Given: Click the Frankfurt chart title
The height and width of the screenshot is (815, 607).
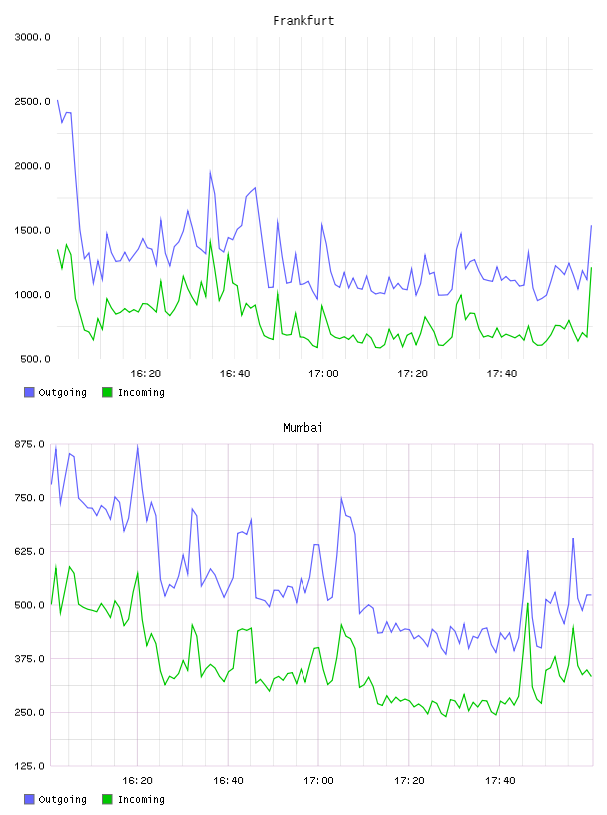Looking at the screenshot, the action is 303,20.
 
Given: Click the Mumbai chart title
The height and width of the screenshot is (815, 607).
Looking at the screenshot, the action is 303,427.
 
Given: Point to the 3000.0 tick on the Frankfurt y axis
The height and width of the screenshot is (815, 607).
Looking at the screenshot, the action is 32,37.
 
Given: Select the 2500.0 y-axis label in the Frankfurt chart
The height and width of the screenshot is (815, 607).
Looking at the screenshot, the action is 32,101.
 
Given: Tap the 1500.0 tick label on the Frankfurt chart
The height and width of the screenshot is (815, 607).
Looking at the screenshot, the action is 32,231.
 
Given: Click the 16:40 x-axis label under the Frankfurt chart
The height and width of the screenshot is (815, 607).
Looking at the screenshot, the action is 235,374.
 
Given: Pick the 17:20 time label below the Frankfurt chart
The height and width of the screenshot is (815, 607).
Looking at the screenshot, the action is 412,374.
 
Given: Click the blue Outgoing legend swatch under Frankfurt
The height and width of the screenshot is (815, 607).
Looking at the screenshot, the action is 29,392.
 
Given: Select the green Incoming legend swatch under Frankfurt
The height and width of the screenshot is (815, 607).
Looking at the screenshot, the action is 107,392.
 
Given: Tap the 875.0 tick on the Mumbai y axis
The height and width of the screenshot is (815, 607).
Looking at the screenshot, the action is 30,444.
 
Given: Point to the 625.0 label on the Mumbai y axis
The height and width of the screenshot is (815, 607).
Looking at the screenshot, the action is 30,552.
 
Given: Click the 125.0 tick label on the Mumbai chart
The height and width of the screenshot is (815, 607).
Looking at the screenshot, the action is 30,766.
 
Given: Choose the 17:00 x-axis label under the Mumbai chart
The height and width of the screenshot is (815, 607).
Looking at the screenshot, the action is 318,781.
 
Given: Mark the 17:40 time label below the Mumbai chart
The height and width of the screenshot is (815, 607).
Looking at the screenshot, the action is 500,781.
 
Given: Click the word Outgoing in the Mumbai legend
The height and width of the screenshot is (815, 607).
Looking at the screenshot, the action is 62,799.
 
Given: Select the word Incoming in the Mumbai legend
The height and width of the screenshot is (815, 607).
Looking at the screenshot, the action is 141,799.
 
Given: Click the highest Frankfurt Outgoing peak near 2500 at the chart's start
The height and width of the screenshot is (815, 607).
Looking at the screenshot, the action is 57,100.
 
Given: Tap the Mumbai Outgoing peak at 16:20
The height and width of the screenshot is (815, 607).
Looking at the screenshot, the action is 137,446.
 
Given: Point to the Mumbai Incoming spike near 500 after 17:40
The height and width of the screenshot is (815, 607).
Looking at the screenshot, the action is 528,603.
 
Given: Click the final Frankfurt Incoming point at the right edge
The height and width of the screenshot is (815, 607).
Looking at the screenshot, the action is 591,267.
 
